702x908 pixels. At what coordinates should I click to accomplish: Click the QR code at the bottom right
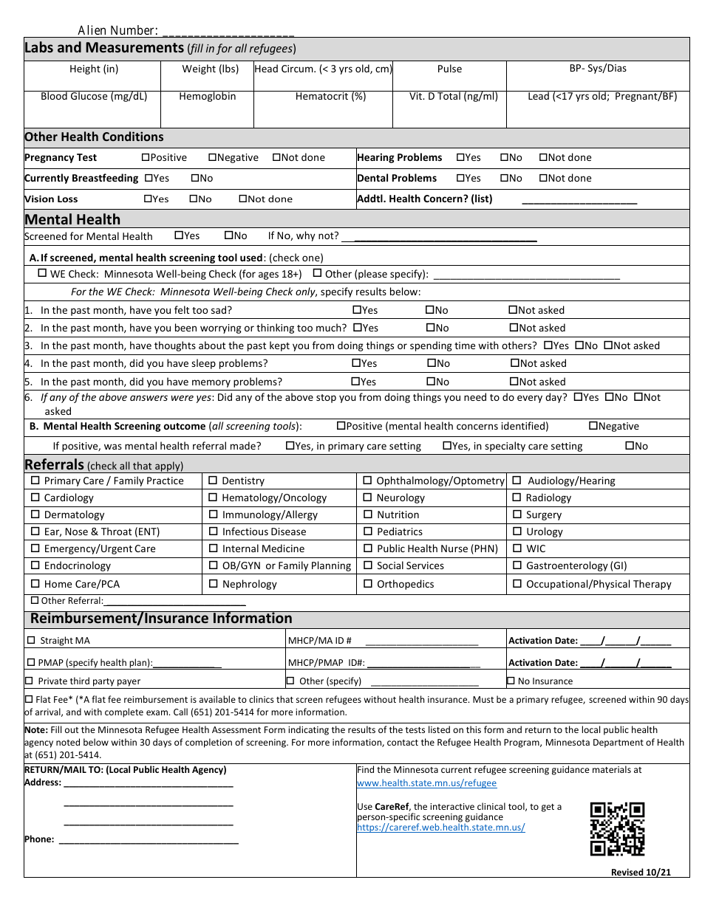[617, 828]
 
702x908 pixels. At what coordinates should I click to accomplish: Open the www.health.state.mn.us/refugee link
[426, 783]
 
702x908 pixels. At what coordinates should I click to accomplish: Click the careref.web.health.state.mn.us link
[440, 828]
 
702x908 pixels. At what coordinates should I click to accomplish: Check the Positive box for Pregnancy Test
[145, 157]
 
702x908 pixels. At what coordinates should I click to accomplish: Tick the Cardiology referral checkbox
[35, 498]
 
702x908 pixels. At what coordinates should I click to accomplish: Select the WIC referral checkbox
[517, 548]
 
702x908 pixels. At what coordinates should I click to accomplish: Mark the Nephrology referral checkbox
[214, 584]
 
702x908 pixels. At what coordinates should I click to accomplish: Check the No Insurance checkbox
[511, 681]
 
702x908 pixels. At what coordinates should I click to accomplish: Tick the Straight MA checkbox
[30, 640]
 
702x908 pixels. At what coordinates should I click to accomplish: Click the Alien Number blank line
[228, 32]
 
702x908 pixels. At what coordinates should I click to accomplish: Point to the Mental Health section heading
[72, 219]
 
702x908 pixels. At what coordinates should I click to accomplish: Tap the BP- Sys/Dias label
[597, 68]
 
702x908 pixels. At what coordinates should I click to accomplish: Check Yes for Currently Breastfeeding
[149, 178]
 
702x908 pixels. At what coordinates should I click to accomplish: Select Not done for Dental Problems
[543, 178]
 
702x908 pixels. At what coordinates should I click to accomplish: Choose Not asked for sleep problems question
[514, 363]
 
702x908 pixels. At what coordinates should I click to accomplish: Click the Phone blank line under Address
[148, 839]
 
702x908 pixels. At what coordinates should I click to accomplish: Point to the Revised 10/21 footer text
[641, 872]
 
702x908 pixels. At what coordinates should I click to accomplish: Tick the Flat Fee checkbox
[29, 699]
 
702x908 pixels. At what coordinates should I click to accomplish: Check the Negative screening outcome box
[593, 426]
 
